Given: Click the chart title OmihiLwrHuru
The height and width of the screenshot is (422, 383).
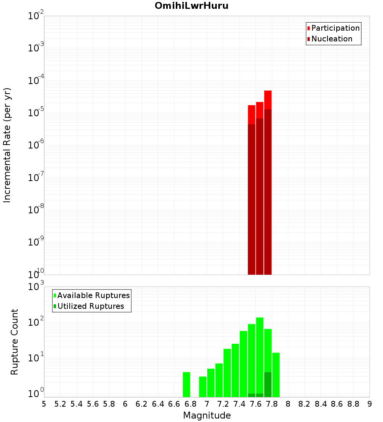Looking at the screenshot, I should click(x=191, y=6).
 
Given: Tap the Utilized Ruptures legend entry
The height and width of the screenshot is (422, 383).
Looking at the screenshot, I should click(x=90, y=306).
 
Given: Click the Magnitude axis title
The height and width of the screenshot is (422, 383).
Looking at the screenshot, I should click(x=207, y=415).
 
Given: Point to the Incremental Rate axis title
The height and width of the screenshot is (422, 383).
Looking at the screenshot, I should click(x=7, y=145).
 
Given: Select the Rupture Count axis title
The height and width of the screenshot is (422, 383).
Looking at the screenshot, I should click(x=15, y=342).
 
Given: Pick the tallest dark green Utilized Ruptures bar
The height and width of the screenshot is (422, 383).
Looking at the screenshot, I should click(x=268, y=384).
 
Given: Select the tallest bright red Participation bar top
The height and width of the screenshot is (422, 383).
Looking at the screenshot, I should click(x=268, y=100).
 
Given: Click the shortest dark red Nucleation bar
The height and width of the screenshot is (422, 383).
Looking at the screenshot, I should click(x=252, y=199).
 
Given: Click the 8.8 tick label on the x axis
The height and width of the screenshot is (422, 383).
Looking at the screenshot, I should click(x=353, y=404).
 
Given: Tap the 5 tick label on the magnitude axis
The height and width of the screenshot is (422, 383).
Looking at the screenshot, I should click(x=44, y=404).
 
